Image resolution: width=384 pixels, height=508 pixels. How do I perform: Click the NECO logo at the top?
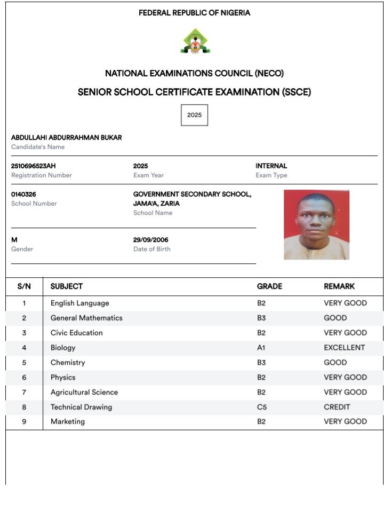pyautogui.click(x=195, y=42)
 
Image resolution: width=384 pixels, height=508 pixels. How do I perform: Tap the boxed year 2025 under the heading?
pyautogui.click(x=194, y=115)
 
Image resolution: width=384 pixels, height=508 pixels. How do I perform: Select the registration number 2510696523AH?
pyautogui.click(x=34, y=166)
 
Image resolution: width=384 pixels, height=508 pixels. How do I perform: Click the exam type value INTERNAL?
pyautogui.click(x=271, y=166)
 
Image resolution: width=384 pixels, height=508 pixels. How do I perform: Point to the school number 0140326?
pyautogui.click(x=23, y=194)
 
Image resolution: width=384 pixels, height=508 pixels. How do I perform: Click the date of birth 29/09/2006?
pyautogui.click(x=150, y=240)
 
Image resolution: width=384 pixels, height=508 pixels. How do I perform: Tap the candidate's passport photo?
pyautogui.click(x=316, y=225)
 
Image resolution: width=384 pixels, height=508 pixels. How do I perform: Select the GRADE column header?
pyautogui.click(x=269, y=286)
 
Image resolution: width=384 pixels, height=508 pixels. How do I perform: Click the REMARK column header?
pyautogui.click(x=339, y=286)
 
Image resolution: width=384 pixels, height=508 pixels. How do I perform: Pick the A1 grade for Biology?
pyautogui.click(x=261, y=348)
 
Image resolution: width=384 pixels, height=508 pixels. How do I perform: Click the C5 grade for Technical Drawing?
pyautogui.click(x=261, y=407)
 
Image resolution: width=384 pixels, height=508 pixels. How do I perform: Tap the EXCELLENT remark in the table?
pyautogui.click(x=344, y=348)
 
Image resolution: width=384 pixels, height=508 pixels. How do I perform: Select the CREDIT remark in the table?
pyautogui.click(x=337, y=407)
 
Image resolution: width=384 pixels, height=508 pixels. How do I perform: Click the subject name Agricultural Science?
pyautogui.click(x=84, y=392)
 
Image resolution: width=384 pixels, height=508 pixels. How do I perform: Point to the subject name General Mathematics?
pyautogui.click(x=86, y=318)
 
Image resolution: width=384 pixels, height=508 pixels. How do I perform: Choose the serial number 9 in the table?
pyautogui.click(x=24, y=421)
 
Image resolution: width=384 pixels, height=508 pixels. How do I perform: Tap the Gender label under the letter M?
pyautogui.click(x=22, y=249)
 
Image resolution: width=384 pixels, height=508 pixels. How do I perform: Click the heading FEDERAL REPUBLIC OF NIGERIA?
pyautogui.click(x=194, y=13)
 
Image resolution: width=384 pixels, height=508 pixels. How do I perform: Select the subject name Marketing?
pyautogui.click(x=68, y=421)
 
